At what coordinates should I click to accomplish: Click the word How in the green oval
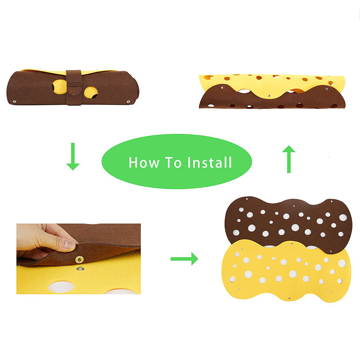pyautogui.click(x=142, y=162)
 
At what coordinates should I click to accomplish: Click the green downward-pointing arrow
pyautogui.click(x=72, y=156)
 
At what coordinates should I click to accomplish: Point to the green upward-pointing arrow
pyautogui.click(x=288, y=159)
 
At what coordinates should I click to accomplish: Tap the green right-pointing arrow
pyautogui.click(x=184, y=258)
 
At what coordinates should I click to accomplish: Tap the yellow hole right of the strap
pyautogui.click(x=90, y=92)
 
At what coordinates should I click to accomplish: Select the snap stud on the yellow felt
pyautogui.click(x=79, y=269)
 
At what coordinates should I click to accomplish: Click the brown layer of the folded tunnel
pyautogui.click(x=270, y=100)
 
